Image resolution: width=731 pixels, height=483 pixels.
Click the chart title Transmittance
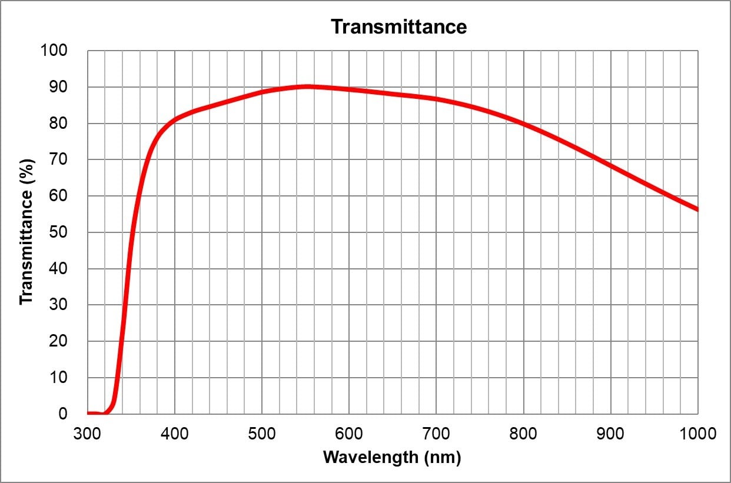pos(398,26)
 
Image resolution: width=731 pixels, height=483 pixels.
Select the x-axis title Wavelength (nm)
pos(392,457)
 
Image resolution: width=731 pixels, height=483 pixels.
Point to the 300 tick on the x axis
pos(88,434)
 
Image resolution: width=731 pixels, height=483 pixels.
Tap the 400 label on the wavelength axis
pos(175,434)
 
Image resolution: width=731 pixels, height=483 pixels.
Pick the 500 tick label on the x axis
pos(262,434)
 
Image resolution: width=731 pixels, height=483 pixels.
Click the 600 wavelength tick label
pos(349,434)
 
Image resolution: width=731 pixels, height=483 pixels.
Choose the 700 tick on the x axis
pos(436,434)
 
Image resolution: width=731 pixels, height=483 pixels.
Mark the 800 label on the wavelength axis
pos(523,434)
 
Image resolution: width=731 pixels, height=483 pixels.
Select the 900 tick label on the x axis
pos(610,434)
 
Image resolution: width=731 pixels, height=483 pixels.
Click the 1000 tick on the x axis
pos(697,434)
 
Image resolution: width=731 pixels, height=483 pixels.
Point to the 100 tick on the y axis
pos(54,51)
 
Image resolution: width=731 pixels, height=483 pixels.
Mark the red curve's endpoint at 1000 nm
pos(697,209)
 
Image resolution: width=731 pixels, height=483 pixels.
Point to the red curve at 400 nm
pos(175,120)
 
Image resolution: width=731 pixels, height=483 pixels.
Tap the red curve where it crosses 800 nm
pos(523,124)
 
